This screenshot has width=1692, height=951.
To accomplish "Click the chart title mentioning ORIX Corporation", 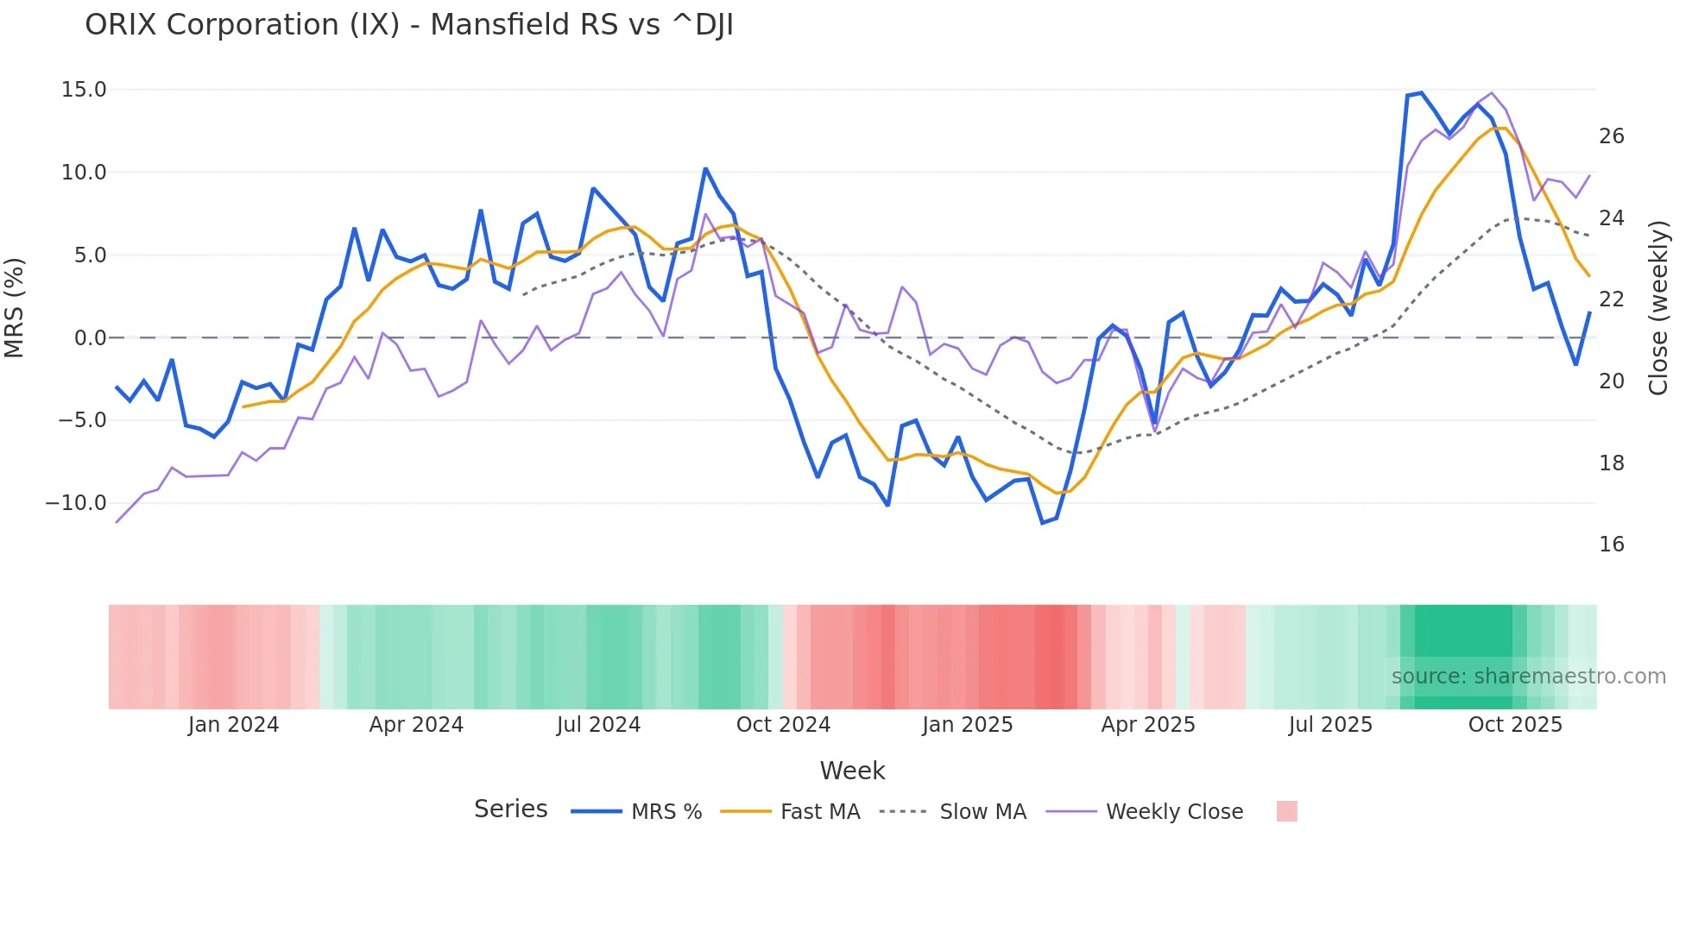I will click(x=409, y=25).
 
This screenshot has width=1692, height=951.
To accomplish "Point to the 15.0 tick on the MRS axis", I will click(x=84, y=90).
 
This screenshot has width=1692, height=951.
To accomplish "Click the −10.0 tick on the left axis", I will click(x=76, y=503).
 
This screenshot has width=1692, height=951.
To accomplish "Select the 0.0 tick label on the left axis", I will click(x=90, y=338).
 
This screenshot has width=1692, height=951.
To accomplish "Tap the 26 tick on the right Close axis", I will click(x=1611, y=136).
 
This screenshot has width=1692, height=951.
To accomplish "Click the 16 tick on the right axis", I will click(x=1611, y=545).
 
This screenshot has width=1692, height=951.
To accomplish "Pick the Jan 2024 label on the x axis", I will click(x=233, y=725).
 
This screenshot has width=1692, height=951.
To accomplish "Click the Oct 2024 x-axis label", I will click(x=783, y=725).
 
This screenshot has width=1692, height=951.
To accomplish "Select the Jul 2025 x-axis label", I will click(x=1330, y=725).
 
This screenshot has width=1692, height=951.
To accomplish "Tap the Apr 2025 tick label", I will click(x=1148, y=725).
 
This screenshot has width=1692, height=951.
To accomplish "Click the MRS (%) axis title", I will click(x=15, y=308).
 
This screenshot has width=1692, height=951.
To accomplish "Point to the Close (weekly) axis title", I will click(x=1658, y=308).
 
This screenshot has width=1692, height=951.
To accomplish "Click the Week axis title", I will click(x=852, y=771).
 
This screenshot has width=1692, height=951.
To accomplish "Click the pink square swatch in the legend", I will click(x=1286, y=811).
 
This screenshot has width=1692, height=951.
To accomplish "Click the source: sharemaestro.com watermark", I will click(x=1528, y=677).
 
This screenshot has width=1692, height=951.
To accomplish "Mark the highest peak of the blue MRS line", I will click(x=1421, y=93).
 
